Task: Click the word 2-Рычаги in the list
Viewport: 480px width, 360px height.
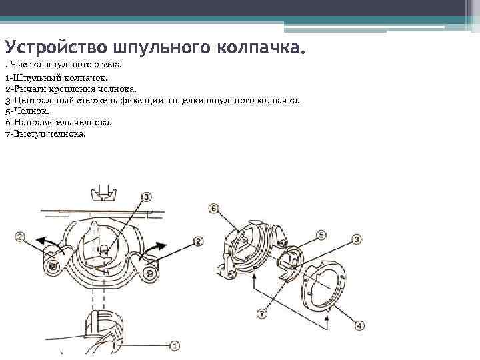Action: [x=26, y=89]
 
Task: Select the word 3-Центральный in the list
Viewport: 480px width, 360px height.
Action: [x=41, y=100]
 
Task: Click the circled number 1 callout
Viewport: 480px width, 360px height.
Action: [x=175, y=345]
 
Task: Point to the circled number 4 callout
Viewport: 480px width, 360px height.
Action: [x=360, y=326]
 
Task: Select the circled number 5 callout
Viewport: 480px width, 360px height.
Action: [x=321, y=235]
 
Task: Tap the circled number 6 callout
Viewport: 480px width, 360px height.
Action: [x=213, y=209]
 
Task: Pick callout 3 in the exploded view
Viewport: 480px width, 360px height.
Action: [x=357, y=239]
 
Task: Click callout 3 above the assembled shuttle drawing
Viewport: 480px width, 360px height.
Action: [x=147, y=197]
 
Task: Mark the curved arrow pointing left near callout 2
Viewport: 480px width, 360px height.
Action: [x=48, y=239]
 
